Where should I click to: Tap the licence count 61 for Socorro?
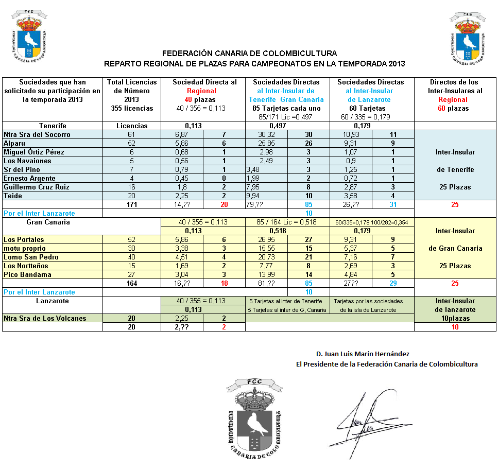pos(132,135)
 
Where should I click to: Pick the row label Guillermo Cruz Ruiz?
pos(37,187)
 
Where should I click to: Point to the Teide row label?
pos(12,196)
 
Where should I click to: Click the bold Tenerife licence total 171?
pos(132,205)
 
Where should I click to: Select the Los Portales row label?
pos(24,240)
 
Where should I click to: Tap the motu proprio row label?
pos(25,249)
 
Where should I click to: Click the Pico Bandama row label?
pos(28,275)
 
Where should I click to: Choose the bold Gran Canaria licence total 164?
pos(132,284)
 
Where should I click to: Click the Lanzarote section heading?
pos(53,301)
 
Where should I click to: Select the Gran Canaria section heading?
pos(48,222)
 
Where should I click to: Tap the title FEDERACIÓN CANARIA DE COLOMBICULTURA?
pos(250,54)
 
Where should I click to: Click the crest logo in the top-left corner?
pos(31,37)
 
